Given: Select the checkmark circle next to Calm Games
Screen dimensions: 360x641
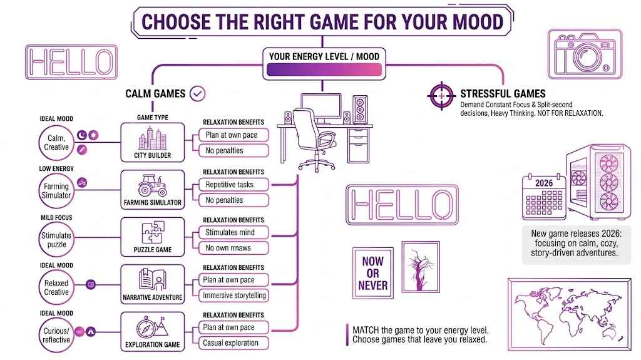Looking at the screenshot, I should (198, 93).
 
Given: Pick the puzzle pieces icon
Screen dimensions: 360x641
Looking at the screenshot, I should (153, 233).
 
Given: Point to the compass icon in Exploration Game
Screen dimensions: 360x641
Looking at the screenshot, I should (148, 327).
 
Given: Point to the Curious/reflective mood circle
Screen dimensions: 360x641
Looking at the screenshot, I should (56, 332).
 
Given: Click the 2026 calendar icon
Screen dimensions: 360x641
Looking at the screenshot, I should (543, 197).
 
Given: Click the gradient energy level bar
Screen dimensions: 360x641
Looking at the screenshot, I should (324, 70).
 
